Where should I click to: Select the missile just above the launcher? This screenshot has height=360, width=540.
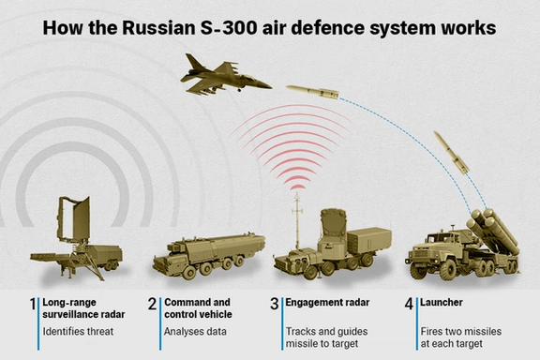[452, 151]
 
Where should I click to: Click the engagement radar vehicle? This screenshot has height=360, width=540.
[338, 245]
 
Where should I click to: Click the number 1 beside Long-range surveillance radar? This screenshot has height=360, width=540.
[32, 305]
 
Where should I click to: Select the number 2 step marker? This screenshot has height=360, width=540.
[152, 305]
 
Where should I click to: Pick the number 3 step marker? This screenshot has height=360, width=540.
[275, 305]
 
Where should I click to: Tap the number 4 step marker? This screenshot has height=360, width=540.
[408, 305]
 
